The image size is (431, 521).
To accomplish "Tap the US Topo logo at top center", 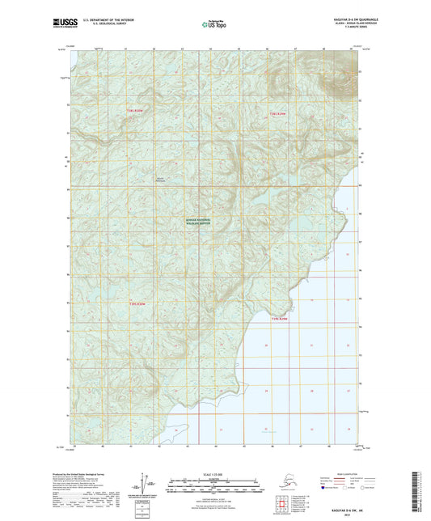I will pyautogui.click(x=214, y=25).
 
